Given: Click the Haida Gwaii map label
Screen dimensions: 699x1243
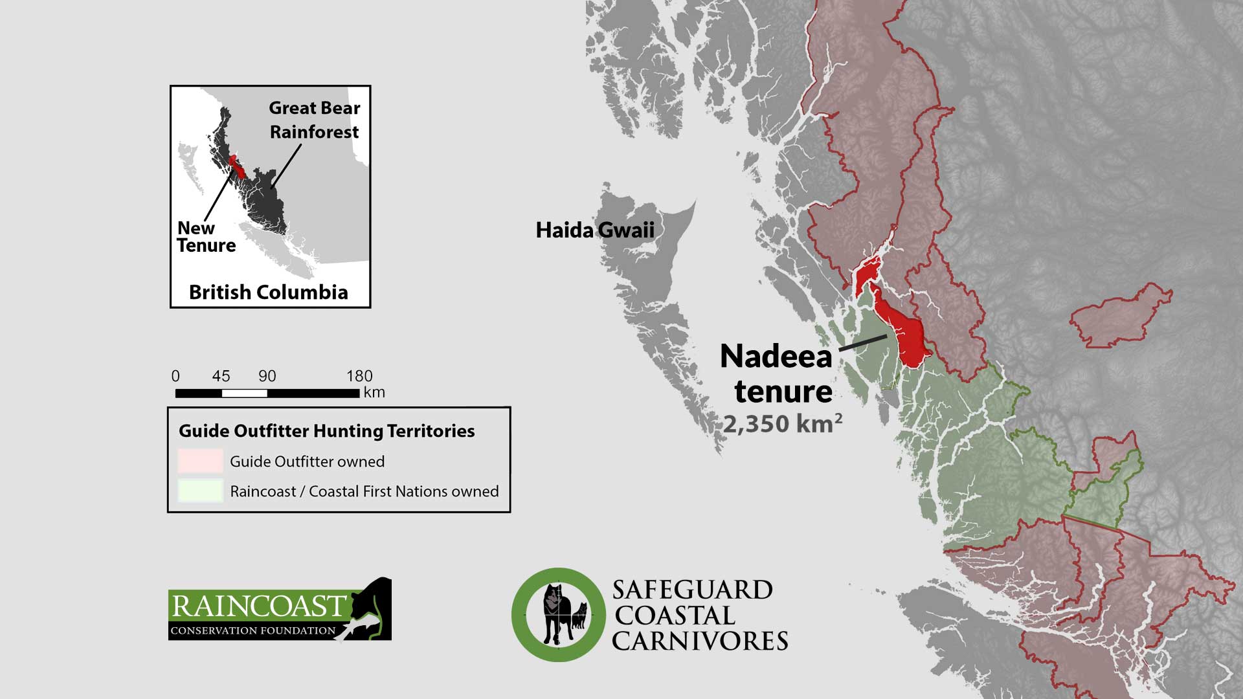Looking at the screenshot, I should [594, 230].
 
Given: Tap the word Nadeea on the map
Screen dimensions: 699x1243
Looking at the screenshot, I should [776, 357].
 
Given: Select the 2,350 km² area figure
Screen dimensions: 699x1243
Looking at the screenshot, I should [782, 424].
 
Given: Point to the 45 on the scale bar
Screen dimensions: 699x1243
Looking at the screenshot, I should [221, 376].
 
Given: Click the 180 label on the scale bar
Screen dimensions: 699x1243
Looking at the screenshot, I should [359, 376].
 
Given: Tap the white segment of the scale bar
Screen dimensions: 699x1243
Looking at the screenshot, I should [244, 393].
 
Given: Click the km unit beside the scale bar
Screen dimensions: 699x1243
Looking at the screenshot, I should [374, 392].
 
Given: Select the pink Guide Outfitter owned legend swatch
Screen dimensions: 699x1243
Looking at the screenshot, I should [201, 461].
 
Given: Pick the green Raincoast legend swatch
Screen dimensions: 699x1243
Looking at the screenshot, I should [201, 491].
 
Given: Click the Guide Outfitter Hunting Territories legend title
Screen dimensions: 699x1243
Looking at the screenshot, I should [326, 431].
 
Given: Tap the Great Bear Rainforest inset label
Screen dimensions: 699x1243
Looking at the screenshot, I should [314, 120].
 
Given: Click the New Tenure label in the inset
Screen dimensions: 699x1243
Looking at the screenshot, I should [206, 237].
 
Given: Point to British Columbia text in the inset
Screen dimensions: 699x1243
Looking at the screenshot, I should [268, 292].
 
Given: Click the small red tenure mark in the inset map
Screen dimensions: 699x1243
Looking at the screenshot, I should [237, 166].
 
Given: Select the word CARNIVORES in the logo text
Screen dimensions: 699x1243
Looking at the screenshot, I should [699, 641].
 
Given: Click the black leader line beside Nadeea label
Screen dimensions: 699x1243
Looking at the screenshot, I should [863, 343].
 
